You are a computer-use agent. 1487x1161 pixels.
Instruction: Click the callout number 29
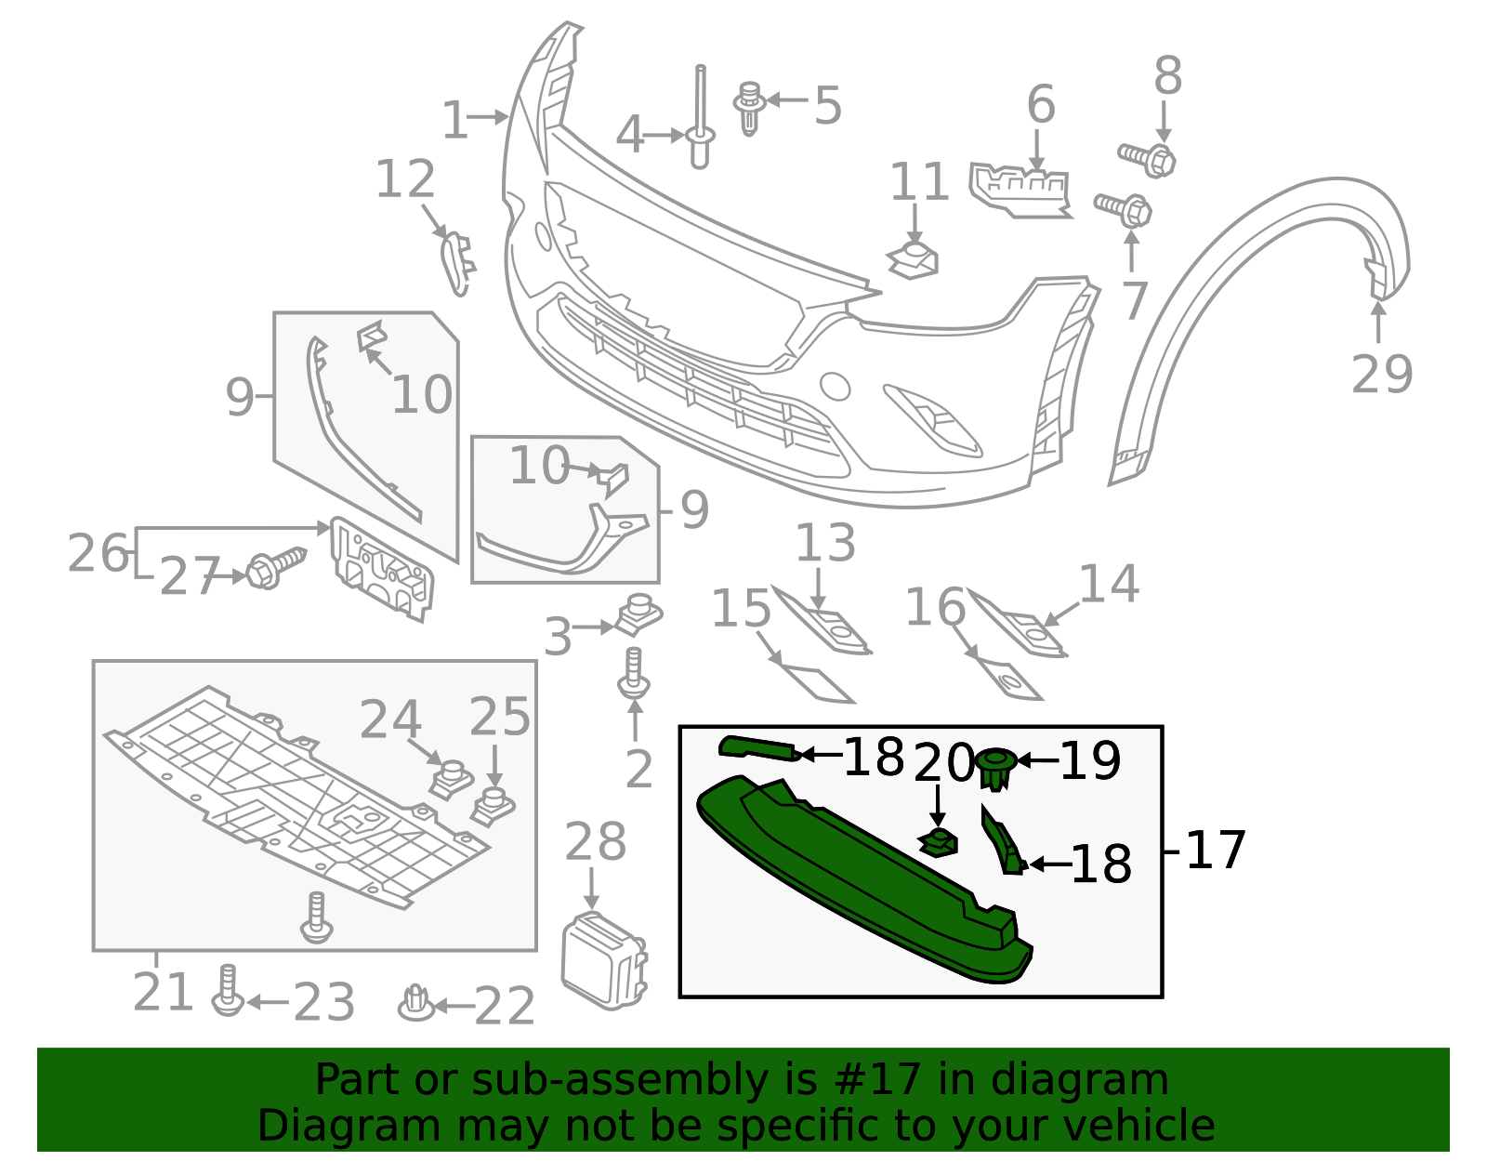pyautogui.click(x=1381, y=375)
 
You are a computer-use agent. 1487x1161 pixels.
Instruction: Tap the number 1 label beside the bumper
pyautogui.click(x=454, y=121)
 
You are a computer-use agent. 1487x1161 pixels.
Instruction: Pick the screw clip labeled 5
pyautogui.click(x=1019, y=190)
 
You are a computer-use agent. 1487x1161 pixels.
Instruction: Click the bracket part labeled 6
pyautogui.click(x=1019, y=190)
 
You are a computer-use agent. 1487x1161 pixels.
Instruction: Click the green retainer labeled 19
pyautogui.click(x=995, y=768)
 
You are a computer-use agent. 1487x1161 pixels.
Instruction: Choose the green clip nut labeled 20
pyautogui.click(x=939, y=843)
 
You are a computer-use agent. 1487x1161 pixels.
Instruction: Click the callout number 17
pyautogui.click(x=1216, y=850)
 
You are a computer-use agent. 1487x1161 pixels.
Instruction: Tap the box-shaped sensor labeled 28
pyautogui.click(x=602, y=960)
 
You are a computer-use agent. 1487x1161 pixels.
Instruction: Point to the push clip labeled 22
pyautogui.click(x=416, y=1002)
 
